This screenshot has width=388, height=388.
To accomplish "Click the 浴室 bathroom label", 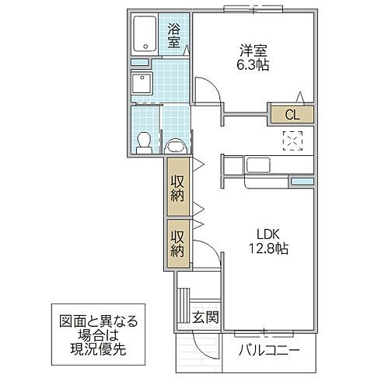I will [x=173, y=36].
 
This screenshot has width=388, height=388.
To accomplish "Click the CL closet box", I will [x=291, y=116].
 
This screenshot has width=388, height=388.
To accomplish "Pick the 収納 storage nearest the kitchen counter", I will [x=177, y=186].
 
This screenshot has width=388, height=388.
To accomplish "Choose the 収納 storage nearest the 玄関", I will [x=177, y=244].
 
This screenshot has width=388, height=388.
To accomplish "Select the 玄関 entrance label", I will [x=206, y=317].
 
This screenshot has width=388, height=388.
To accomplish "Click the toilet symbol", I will [x=143, y=140].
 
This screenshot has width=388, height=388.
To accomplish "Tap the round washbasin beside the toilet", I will [x=174, y=144].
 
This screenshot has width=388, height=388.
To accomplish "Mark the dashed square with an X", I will [x=293, y=141].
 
